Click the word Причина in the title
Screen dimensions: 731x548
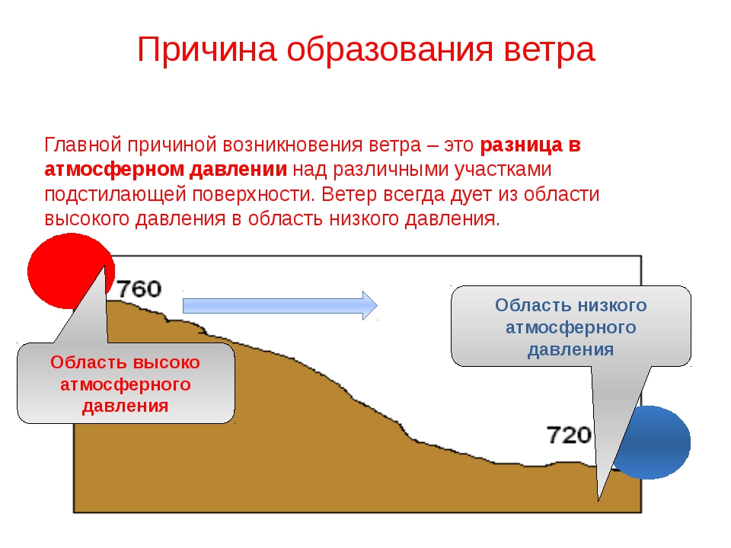click(207, 50)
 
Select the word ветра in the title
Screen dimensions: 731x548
click(549, 50)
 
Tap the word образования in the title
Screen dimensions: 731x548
click(390, 50)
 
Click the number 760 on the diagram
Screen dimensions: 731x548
click(139, 289)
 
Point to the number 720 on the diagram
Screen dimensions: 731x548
click(569, 435)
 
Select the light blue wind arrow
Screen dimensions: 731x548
click(279, 306)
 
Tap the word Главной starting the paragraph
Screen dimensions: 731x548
click(83, 145)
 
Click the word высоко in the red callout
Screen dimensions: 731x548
click(166, 362)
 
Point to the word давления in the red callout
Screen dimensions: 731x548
click(126, 406)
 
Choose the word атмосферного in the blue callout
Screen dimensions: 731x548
click(571, 327)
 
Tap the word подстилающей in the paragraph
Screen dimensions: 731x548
click(115, 195)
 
